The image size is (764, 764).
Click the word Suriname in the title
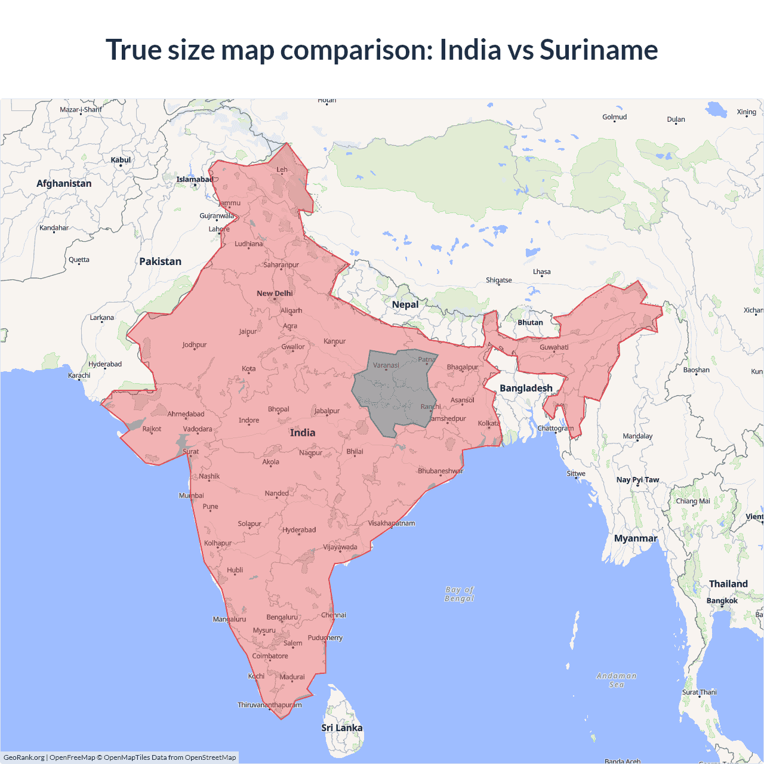click(599, 50)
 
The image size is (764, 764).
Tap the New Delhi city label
click(275, 293)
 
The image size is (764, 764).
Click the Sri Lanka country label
click(341, 728)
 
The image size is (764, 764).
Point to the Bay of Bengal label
click(459, 594)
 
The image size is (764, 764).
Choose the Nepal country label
click(405, 304)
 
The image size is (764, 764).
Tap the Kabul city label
click(121, 160)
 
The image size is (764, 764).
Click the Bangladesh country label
click(526, 388)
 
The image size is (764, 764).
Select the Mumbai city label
click(192, 495)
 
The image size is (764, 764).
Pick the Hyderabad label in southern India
click(299, 530)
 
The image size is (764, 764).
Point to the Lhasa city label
click(542, 272)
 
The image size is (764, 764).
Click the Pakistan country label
click(160, 261)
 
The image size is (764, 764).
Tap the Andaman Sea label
click(617, 680)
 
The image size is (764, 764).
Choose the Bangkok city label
click(722, 600)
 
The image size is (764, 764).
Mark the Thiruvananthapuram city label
click(270, 705)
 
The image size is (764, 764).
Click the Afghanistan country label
click(64, 183)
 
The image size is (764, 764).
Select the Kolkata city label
click(489, 423)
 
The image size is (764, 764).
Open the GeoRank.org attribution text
click(24, 757)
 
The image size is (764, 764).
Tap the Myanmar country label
click(636, 538)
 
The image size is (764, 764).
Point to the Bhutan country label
click(530, 322)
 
